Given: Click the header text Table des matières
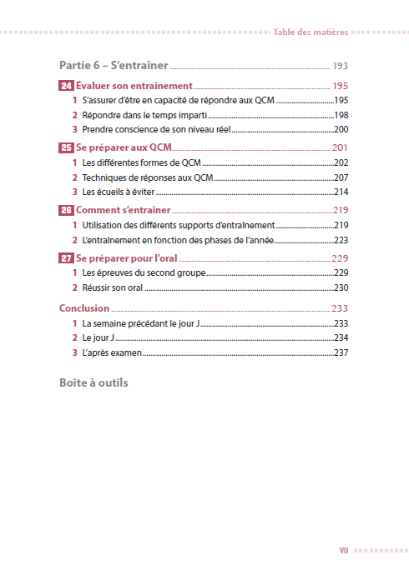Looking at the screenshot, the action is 310,32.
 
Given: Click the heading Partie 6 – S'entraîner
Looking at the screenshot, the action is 114,65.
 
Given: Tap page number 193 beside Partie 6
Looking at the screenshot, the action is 340,66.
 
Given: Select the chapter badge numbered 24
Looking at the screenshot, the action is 66,86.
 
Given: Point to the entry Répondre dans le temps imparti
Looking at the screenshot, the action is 144,115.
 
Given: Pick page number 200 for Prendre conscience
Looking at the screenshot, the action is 341,130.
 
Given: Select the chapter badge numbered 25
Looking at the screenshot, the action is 66,147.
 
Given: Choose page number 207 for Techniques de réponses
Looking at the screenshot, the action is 341,177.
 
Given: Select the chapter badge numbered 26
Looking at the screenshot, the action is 66,210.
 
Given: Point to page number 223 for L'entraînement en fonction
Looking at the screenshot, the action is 341,240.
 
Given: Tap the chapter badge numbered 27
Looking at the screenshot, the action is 66,257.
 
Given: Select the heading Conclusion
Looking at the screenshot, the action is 84,307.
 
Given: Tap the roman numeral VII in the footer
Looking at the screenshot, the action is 344,550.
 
